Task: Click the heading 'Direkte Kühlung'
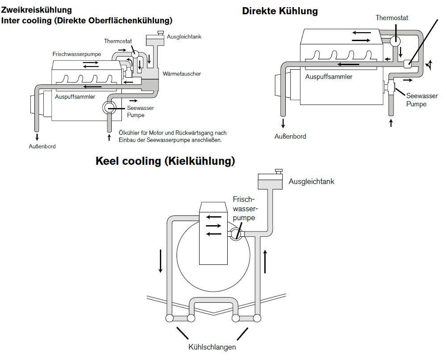tap(280, 11)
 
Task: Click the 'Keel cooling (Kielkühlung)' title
tap(165, 161)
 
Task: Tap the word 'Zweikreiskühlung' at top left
tap(37, 10)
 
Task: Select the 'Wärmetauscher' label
tap(182, 74)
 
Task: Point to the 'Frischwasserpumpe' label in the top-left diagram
tap(77, 54)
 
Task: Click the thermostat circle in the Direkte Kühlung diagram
tap(395, 41)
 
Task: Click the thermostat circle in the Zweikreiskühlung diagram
tap(135, 54)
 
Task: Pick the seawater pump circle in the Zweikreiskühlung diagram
tap(109, 108)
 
